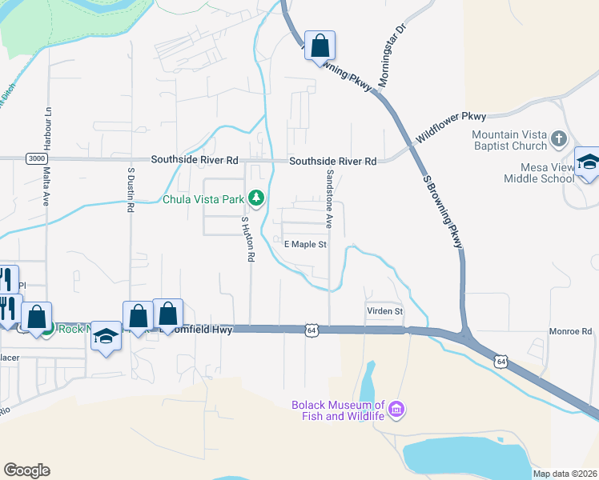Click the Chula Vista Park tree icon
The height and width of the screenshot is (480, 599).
pos(256,197)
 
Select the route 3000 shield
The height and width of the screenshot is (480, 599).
pos(35,158)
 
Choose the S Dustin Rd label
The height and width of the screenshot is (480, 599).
pos(130,190)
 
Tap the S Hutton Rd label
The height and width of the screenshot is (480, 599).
pos(249,239)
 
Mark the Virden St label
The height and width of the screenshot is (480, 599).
pos(384,311)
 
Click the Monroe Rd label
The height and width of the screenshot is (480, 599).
pos(569,331)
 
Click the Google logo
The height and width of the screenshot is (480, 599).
pos(27,470)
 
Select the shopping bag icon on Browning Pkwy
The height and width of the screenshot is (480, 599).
pos(320,46)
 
